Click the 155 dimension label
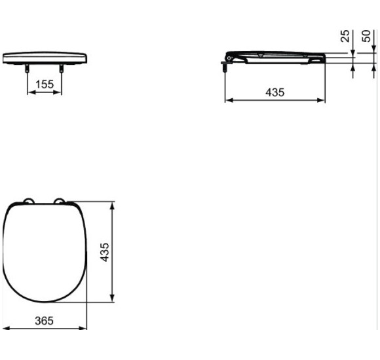pyautogui.click(x=45, y=84)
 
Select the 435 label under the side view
pyautogui.click(x=275, y=93)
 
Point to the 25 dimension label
pyautogui.click(x=345, y=35)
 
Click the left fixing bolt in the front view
pyautogui.click(x=28, y=68)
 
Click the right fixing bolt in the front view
pyautogui.click(x=62, y=68)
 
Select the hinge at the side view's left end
pyautogui.click(x=227, y=60)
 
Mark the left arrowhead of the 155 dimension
pyautogui.click(x=29, y=92)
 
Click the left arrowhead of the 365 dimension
pyautogui.click(x=5, y=328)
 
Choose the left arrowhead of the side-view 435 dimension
pyautogui.click(x=228, y=101)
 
